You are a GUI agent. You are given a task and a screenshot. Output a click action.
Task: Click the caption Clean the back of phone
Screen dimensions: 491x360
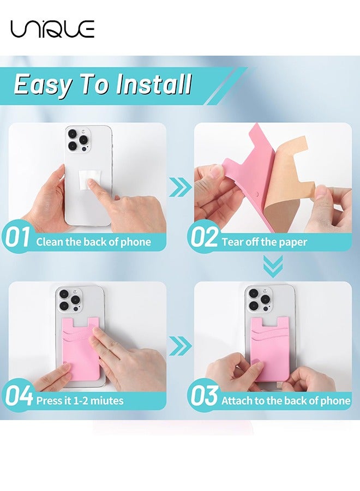tap(93, 242)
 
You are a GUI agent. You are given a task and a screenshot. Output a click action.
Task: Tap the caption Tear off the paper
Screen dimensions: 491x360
tap(264, 242)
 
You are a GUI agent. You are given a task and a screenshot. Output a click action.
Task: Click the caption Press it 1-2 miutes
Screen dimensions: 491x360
tap(80, 400)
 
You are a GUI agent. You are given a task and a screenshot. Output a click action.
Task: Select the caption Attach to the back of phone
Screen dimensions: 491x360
tap(286, 400)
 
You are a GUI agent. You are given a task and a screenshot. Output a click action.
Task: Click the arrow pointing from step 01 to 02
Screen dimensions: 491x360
tap(181, 187)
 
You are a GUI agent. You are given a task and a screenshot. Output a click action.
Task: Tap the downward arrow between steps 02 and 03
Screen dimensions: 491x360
tap(273, 266)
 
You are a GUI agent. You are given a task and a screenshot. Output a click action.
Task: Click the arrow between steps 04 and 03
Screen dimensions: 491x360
tap(181, 345)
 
